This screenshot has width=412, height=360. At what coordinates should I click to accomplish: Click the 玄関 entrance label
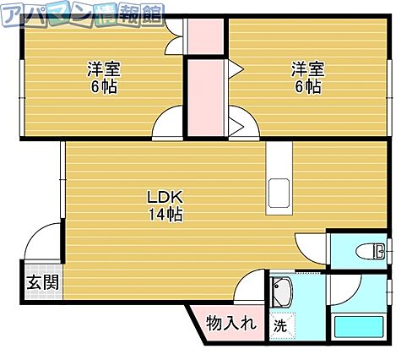(42, 282)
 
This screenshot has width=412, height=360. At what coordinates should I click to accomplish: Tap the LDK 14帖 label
(165, 205)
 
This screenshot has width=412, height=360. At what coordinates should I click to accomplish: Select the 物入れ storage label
(231, 323)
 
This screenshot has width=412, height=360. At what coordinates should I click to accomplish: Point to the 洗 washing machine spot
(280, 326)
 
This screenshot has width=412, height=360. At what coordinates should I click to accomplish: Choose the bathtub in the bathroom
(359, 327)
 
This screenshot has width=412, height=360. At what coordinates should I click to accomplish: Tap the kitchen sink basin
(279, 193)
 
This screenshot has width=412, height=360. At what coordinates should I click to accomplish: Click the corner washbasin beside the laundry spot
(282, 292)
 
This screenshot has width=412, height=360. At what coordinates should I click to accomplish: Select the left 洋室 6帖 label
(104, 77)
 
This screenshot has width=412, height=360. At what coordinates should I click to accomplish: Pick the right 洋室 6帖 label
(308, 77)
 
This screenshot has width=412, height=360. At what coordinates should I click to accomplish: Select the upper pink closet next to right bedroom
(206, 36)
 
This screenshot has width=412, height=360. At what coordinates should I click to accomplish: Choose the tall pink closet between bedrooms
(206, 98)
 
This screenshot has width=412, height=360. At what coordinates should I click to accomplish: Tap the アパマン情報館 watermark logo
(82, 15)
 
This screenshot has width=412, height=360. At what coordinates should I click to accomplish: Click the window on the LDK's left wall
(62, 179)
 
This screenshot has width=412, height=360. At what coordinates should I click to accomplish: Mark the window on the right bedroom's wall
(389, 97)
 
